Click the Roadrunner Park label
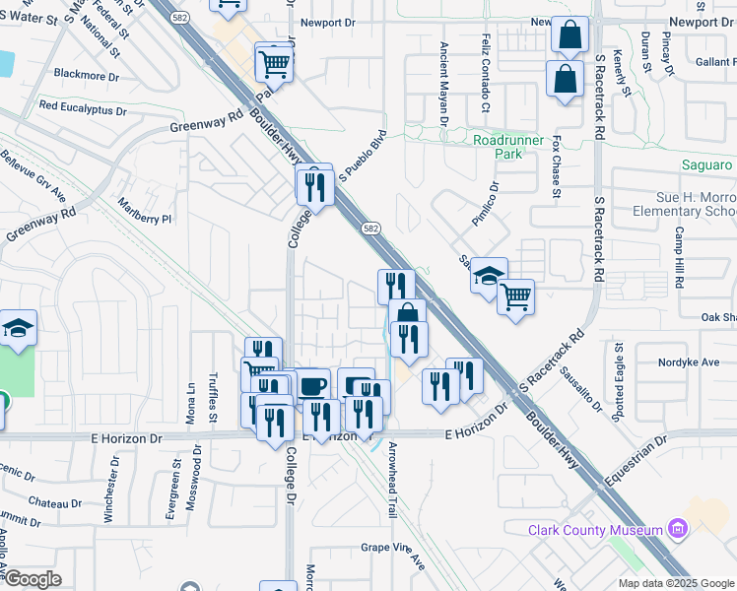(509, 148)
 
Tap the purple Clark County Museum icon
(677, 530)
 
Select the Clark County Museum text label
(595, 530)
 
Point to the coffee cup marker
(312, 385)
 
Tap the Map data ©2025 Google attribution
(675, 583)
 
